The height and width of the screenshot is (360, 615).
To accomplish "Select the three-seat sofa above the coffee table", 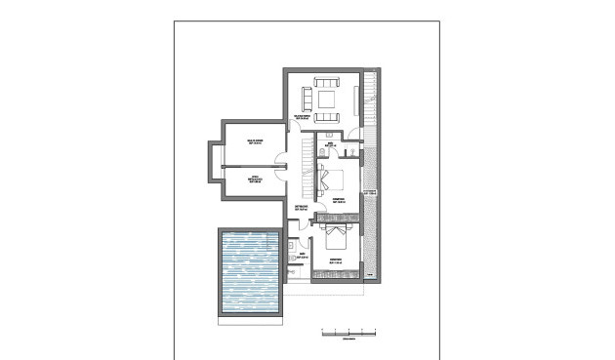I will click(x=325, y=80).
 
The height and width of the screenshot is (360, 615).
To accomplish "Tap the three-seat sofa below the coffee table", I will click(x=326, y=115).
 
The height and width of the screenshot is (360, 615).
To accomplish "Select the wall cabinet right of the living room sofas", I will click(x=355, y=97).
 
